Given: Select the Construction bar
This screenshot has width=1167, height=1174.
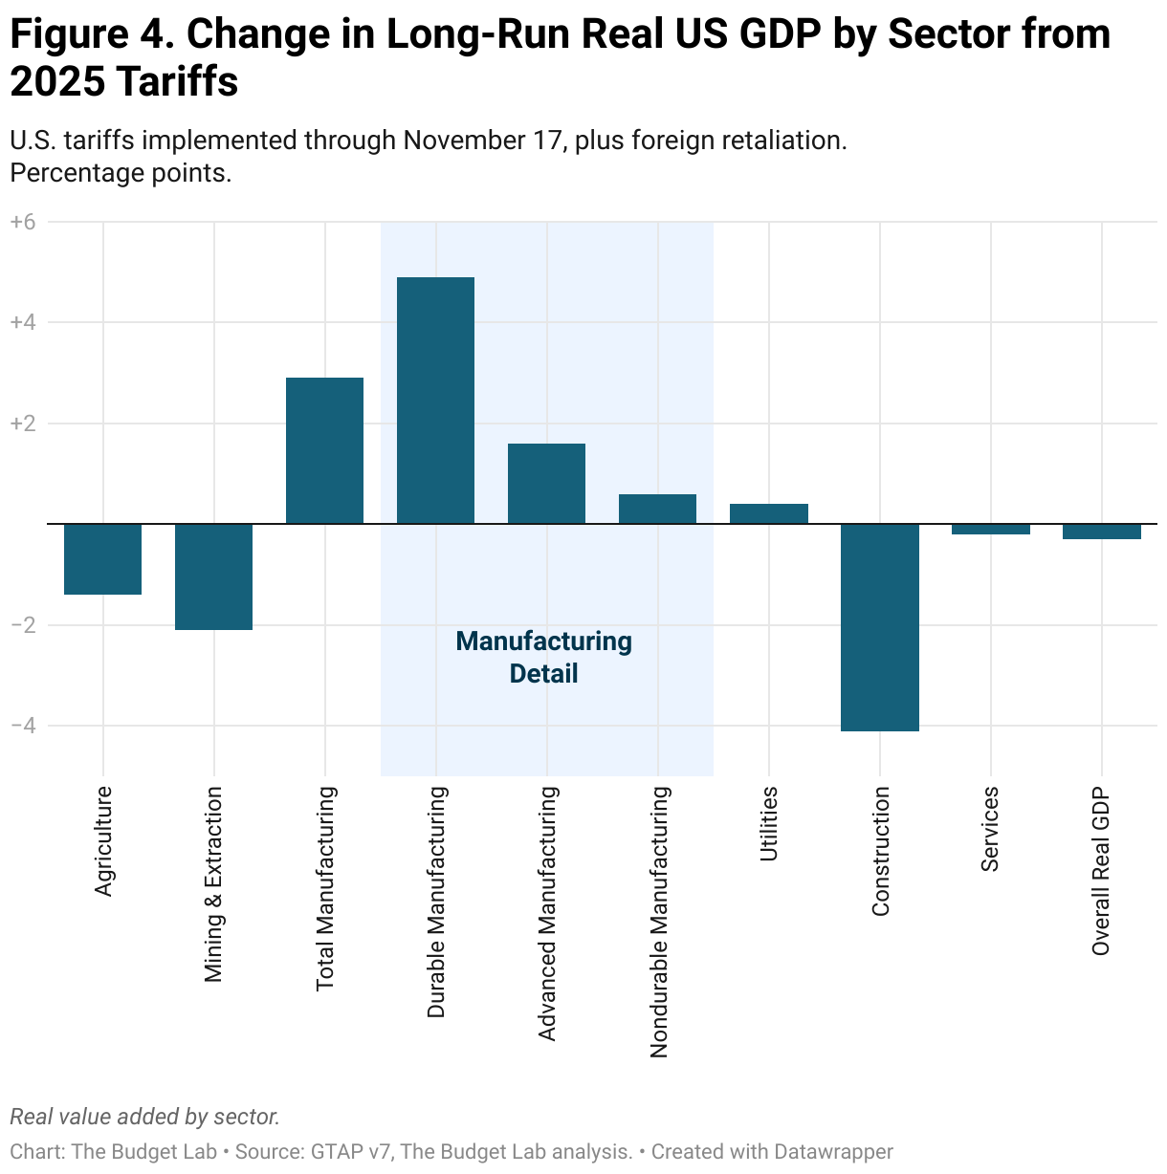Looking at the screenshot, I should tap(879, 627).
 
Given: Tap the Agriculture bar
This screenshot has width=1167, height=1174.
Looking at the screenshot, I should tap(102, 559).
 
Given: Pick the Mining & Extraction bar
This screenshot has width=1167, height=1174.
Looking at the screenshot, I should tap(213, 576).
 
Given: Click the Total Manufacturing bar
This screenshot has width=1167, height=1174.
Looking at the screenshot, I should tap(324, 450).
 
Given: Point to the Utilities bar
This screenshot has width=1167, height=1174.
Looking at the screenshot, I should tap(768, 513).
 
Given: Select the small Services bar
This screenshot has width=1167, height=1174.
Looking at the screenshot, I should tap(990, 529).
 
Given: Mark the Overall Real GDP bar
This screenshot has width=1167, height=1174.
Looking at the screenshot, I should tap(1101, 532).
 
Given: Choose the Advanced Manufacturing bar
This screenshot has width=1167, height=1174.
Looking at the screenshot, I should tap(546, 483).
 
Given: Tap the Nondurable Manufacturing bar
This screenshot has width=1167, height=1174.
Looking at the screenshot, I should tap(657, 509).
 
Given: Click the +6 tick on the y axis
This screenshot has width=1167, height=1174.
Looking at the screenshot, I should tap(22, 222).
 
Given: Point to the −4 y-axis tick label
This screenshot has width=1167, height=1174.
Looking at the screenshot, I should tap(22, 726).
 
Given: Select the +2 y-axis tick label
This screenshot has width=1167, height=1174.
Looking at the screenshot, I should tap(22, 424).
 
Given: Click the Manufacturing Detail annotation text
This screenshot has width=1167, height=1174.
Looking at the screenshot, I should tap(543, 657).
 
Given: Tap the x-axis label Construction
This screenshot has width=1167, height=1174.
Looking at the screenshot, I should tap(881, 851).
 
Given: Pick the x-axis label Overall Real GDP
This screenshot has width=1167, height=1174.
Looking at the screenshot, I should tap(1101, 871).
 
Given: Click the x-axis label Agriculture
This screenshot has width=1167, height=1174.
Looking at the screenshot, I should tap(103, 840).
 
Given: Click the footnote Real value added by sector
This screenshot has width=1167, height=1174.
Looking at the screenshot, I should tap(144, 1117).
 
